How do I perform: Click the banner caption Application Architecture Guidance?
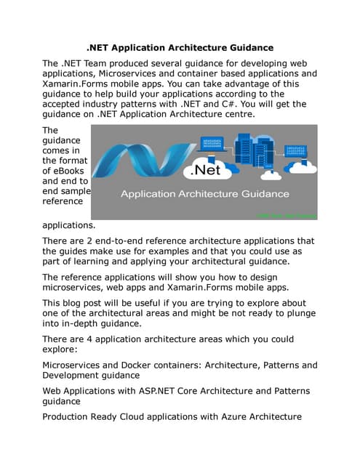pyautogui.click(x=204, y=195)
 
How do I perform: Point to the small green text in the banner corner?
pyautogui.click(x=288, y=216)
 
